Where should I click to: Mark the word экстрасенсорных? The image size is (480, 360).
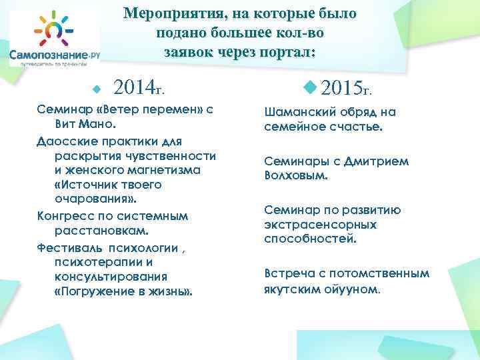tap(320, 224)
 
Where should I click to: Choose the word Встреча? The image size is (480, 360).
tap(290, 273)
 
